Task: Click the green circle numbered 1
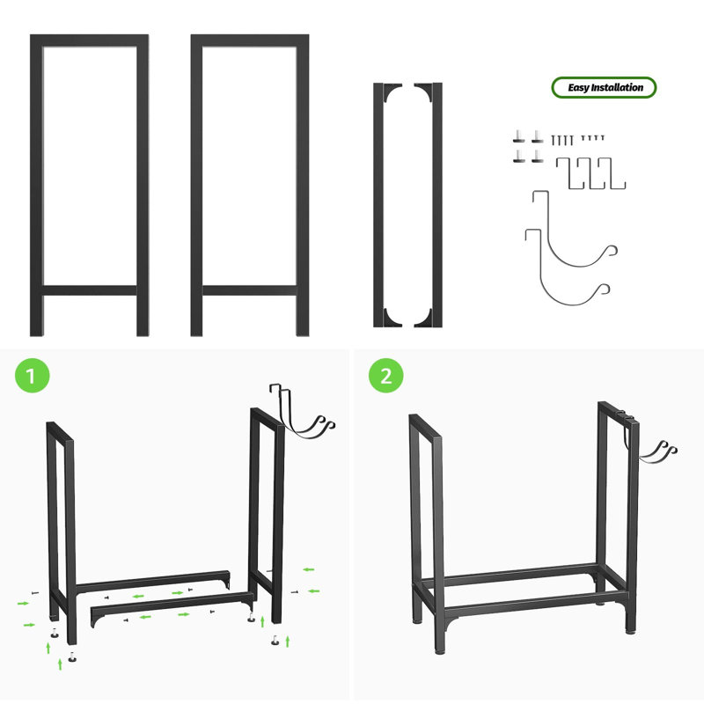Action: click(x=32, y=376)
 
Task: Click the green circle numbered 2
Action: click(x=386, y=376)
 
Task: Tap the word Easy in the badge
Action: click(x=578, y=87)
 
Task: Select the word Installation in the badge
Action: click(x=617, y=87)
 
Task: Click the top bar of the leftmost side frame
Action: click(x=90, y=40)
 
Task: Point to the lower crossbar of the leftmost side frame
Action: click(x=90, y=290)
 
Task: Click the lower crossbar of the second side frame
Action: click(x=250, y=290)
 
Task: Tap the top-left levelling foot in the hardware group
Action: click(x=518, y=136)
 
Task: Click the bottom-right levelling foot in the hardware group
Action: click(x=538, y=157)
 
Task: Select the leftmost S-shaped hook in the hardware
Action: click(x=569, y=173)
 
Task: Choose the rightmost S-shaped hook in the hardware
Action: click(x=612, y=173)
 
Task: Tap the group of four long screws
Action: click(x=562, y=140)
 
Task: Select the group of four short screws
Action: click(x=592, y=137)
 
